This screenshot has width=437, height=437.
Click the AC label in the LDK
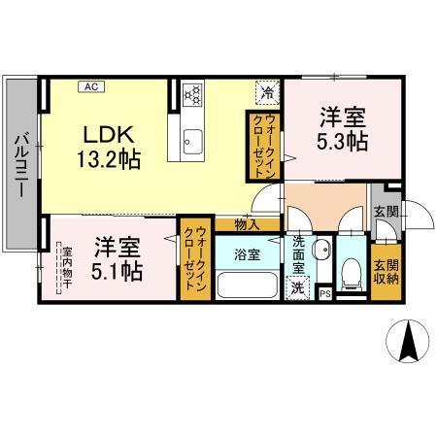[88, 86]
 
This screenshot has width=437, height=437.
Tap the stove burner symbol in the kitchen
[193, 94]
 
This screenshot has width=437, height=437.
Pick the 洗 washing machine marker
[298, 286]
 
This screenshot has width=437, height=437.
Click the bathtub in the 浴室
[246, 286]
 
